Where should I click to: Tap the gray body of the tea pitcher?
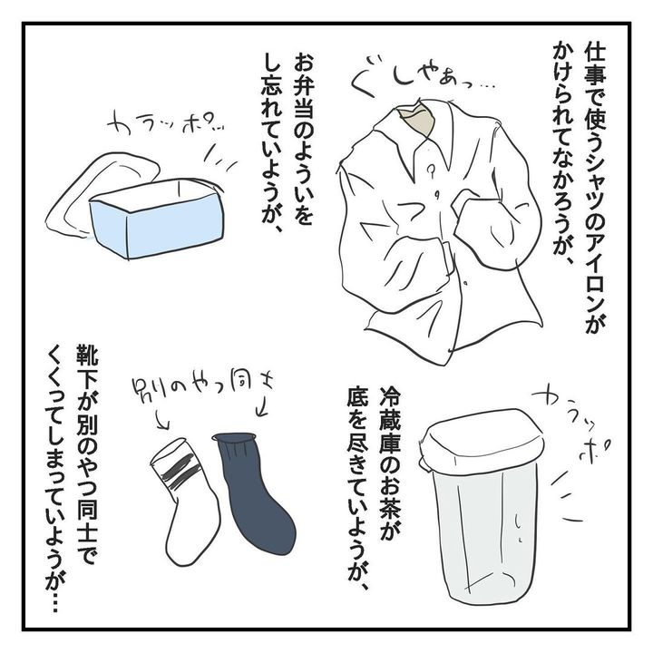483,529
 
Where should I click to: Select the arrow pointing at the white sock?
161,419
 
